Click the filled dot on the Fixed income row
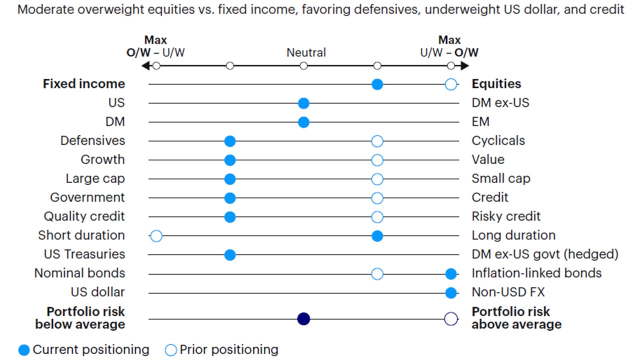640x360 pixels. pos(377,84)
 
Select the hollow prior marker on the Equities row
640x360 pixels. pos(450,84)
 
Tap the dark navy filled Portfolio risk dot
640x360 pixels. pos(303,318)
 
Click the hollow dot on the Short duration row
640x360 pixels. pos(156,236)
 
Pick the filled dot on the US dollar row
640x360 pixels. pos(451,292)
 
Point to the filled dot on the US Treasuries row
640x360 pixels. pos(229,255)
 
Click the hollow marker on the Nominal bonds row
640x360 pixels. pos(377,273)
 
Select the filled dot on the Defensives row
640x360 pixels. pos(229,141)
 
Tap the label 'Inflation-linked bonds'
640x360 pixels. pos(536,273)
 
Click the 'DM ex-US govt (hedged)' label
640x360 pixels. pos(545,254)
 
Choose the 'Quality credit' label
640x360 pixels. pos(84,216)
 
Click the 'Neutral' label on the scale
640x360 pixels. pos(306,52)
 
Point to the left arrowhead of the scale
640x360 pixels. pos(145,66)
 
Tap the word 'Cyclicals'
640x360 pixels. pos(498,140)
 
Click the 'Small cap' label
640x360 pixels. pos(501,178)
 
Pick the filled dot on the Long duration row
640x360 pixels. pos(377,236)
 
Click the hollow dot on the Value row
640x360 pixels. pos(377,160)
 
